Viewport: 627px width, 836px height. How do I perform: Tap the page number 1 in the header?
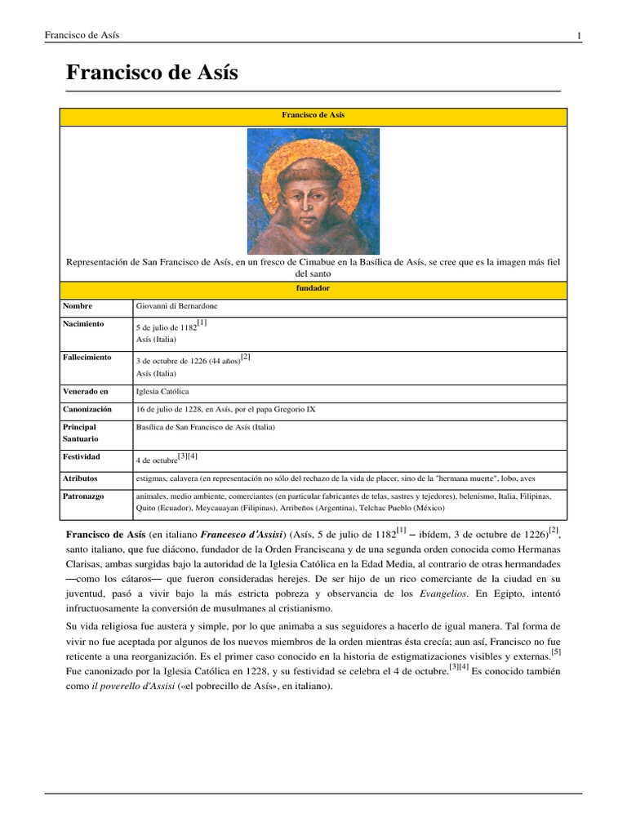(579, 35)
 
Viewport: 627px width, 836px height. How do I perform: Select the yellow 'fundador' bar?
(313, 289)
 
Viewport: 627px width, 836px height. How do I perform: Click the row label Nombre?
(79, 306)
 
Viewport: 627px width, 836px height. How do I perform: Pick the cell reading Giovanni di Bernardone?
(177, 306)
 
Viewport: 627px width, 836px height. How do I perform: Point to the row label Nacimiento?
(83, 324)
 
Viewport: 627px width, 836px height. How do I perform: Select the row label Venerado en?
(85, 392)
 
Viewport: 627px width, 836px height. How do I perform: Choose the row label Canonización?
(87, 409)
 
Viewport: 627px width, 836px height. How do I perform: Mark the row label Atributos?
(80, 477)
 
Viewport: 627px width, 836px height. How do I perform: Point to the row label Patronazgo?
(83, 496)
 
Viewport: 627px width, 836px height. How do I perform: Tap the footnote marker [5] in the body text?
(556, 652)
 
